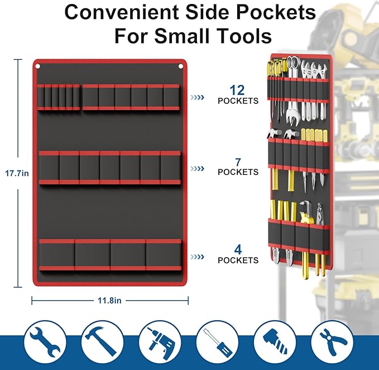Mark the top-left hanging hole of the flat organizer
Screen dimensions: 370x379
pos(38,67)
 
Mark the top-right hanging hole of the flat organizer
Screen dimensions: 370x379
pos(181,67)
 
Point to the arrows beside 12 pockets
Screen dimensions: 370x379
pos(197,97)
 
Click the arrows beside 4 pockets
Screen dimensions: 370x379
pos(197,257)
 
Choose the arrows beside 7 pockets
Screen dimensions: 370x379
pos(197,168)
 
